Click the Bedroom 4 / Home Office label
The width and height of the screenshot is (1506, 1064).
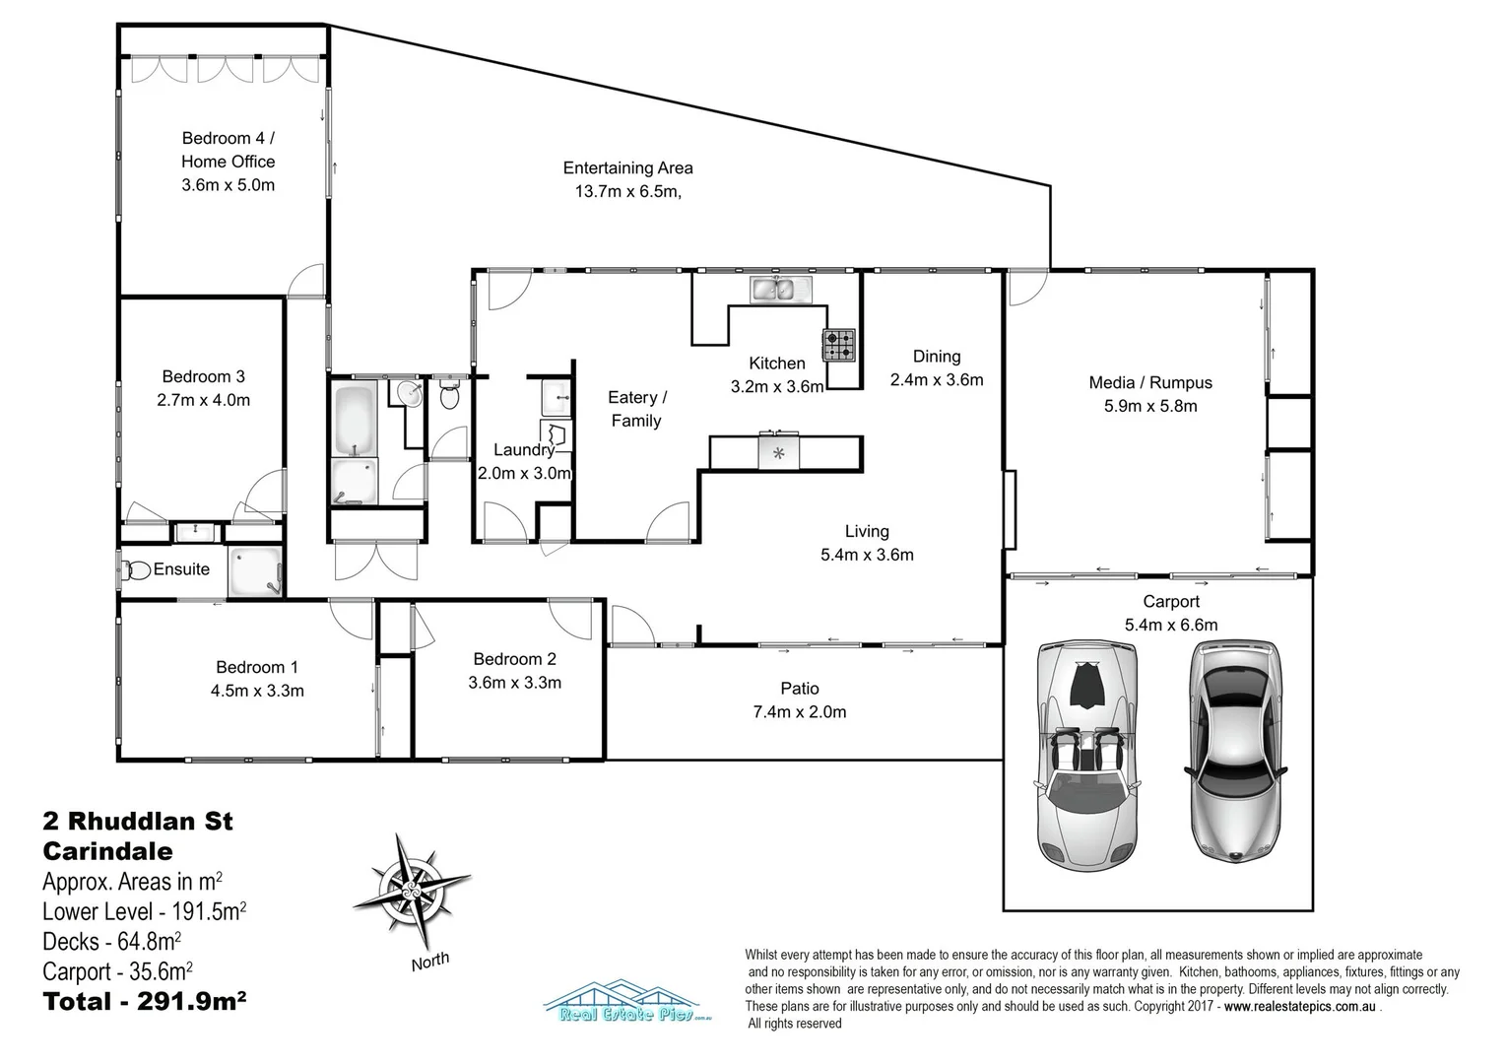pos(228,150)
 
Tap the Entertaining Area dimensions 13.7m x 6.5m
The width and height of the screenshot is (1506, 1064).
pos(627,192)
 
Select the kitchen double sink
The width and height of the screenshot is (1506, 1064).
pos(779,290)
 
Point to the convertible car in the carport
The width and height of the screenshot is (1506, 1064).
pos(1087,753)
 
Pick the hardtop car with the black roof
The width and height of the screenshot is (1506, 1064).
pos(1235,752)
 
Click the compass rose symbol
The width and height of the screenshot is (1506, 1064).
pos(410,881)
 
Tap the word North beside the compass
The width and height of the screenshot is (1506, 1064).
pos(430,961)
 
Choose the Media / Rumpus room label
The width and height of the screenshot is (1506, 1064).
pos(1149,383)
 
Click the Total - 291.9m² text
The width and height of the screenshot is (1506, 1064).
pos(144,1002)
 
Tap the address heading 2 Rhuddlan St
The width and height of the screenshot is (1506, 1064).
pos(138,821)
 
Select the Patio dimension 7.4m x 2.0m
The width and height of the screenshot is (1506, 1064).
pos(799,712)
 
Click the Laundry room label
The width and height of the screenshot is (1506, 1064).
pos(524,450)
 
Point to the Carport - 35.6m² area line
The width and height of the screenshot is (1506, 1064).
pos(117,972)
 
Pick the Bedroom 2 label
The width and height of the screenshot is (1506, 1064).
pos(514,659)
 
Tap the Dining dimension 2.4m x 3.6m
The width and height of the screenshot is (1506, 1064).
pos(936,380)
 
